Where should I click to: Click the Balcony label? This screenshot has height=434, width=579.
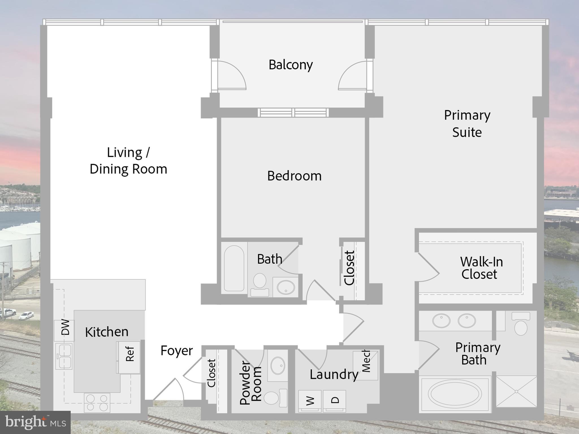click(290, 65)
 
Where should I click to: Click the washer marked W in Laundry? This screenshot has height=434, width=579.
click(310, 401)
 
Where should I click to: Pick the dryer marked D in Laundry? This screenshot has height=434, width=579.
click(335, 401)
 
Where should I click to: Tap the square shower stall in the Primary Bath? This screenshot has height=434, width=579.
click(516, 391)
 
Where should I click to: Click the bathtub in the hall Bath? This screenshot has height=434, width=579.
click(234, 268)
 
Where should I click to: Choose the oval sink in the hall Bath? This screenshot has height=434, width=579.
click(286, 287)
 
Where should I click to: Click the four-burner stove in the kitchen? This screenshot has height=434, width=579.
click(97, 402)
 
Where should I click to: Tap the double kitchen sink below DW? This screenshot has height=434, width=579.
click(64, 356)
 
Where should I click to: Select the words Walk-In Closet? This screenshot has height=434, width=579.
click(481, 268)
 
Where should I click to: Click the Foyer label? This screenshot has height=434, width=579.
click(176, 351)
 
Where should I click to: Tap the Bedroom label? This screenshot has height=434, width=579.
click(294, 176)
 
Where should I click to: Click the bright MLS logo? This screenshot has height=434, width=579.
click(35, 422)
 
